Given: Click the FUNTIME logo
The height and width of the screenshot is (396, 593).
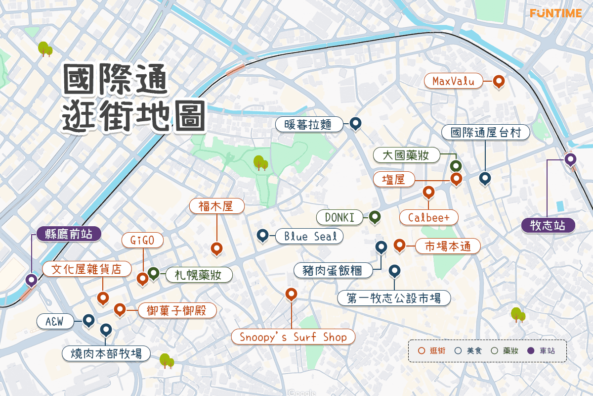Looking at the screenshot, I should click(555, 13).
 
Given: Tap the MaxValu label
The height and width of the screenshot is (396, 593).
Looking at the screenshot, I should click(453, 81).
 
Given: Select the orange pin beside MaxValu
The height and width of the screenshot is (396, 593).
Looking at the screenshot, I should click(499, 81).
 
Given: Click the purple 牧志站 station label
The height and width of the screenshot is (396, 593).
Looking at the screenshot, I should click(548, 225).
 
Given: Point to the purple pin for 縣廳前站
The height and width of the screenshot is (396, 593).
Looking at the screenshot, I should click(32, 280).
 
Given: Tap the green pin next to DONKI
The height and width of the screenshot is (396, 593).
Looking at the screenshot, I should click(375, 216).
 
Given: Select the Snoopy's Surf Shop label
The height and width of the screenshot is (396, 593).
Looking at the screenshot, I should click(293, 337).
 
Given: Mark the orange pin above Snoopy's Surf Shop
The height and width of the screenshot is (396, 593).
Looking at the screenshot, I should click(292, 295).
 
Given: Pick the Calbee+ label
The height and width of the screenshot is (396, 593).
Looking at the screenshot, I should click(428, 217).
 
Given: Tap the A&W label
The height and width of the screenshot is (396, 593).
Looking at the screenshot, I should click(55, 322).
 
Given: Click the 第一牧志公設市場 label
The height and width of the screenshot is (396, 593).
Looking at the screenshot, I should click(394, 298).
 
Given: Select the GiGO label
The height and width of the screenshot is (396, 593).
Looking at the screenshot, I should click(142, 241).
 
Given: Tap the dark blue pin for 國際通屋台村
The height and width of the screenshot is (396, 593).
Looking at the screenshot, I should click(485, 178).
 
